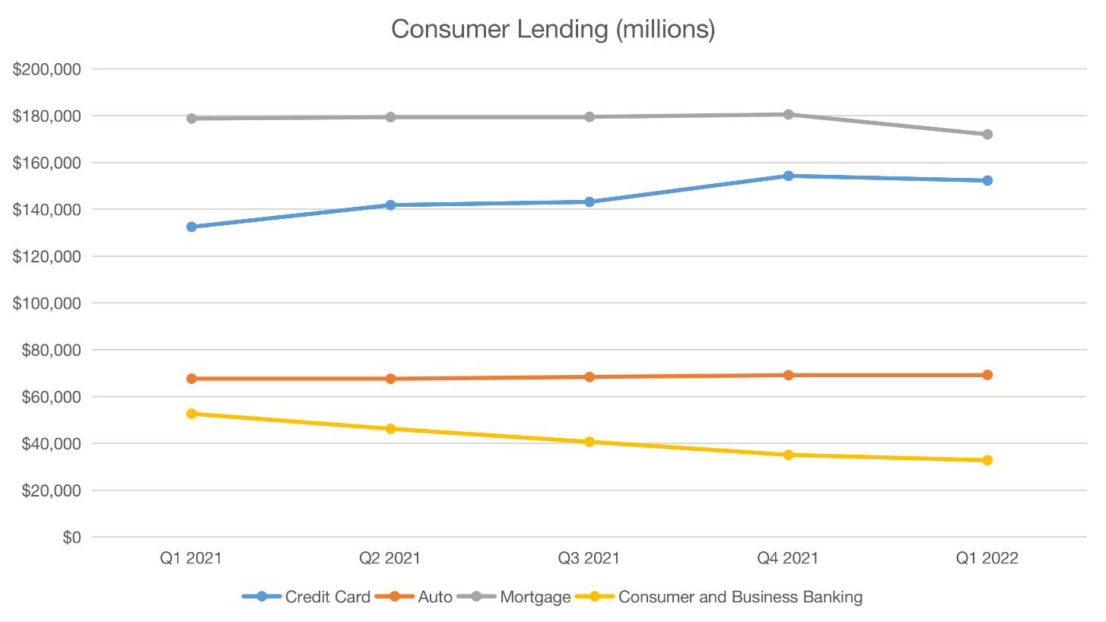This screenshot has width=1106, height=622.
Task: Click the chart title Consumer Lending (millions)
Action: tap(553, 30)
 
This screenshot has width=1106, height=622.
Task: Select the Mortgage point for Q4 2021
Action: tap(788, 115)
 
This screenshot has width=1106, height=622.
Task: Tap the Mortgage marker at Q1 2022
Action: tap(987, 135)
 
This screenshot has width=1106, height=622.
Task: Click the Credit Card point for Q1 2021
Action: tap(192, 227)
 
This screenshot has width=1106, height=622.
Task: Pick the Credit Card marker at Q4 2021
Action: tap(788, 176)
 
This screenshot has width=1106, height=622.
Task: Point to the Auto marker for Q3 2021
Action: tap(590, 377)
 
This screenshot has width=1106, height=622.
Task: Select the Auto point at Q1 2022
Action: tap(987, 375)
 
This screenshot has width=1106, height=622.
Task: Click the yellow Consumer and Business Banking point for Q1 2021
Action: tap(192, 414)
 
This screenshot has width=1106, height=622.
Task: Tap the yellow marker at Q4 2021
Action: tap(788, 455)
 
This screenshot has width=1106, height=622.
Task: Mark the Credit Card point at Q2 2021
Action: tap(390, 205)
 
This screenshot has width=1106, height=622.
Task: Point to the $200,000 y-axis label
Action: tap(48, 69)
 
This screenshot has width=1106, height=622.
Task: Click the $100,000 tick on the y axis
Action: tap(48, 303)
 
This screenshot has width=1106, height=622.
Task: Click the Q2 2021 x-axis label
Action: tap(390, 558)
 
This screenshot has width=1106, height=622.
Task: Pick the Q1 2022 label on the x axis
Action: tap(987, 558)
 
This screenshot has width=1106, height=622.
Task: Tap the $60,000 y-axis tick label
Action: tap(52, 397)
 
